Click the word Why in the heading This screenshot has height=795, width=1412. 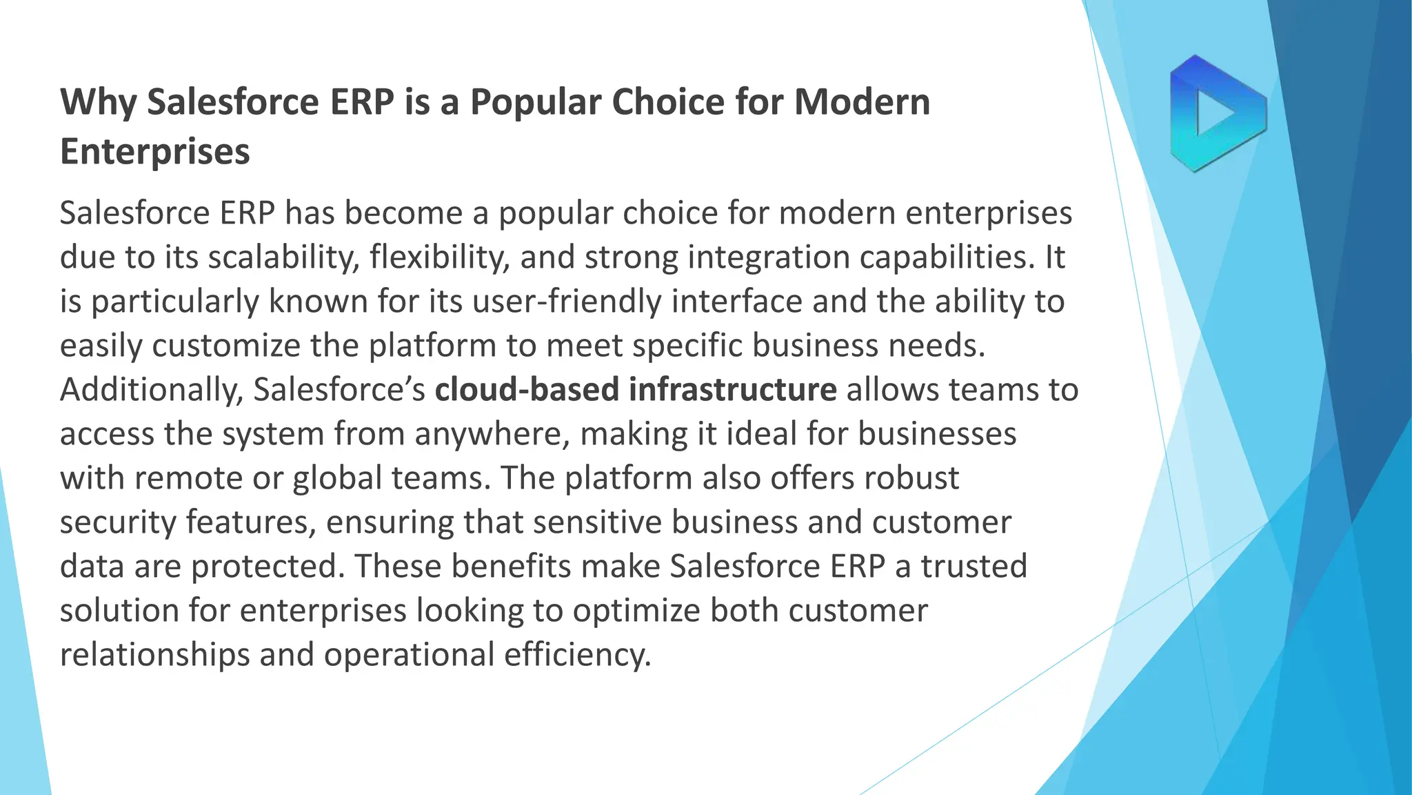point(98,102)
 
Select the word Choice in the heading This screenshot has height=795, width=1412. point(667,102)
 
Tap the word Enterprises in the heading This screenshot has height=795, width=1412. point(154,152)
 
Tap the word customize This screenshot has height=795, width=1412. point(226,346)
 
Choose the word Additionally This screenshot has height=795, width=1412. point(152,390)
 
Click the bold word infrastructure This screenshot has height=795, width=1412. point(733,390)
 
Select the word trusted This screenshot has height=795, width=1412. point(974,567)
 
